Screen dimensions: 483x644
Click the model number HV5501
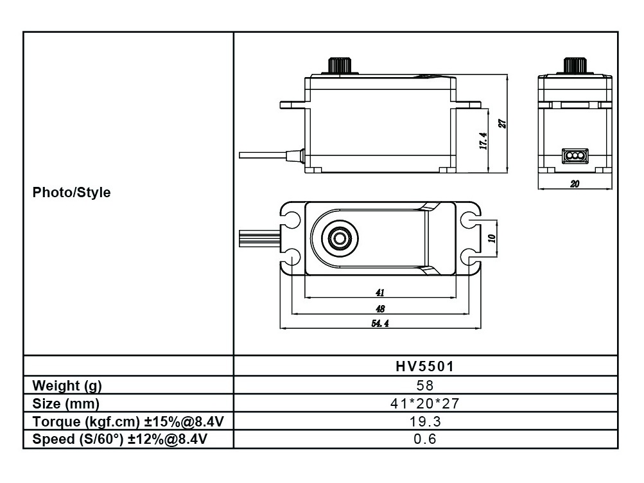point(424,366)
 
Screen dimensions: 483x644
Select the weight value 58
point(424,385)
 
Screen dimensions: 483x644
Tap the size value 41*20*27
point(424,403)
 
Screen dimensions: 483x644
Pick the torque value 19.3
point(424,421)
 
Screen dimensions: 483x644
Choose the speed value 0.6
point(424,439)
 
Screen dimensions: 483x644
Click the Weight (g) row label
point(67,385)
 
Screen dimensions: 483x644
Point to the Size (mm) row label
point(65,403)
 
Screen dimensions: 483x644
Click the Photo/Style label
point(71,192)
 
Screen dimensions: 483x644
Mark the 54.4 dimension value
point(379,324)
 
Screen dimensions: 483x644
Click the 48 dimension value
point(380,308)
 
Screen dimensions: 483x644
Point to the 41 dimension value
point(380,292)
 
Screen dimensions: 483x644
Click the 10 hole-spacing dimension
point(492,238)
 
